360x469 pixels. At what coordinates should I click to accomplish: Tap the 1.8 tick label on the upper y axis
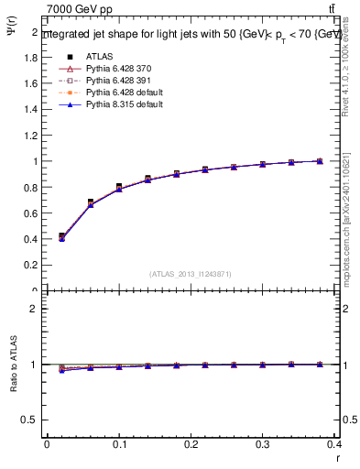coord(31,57)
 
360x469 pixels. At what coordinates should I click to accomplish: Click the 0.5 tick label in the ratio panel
coord(31,420)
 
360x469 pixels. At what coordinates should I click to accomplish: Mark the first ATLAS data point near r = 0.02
coord(61,236)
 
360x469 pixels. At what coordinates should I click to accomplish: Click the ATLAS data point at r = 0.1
coord(119,187)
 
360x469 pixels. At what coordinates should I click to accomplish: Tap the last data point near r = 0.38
coord(319,161)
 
